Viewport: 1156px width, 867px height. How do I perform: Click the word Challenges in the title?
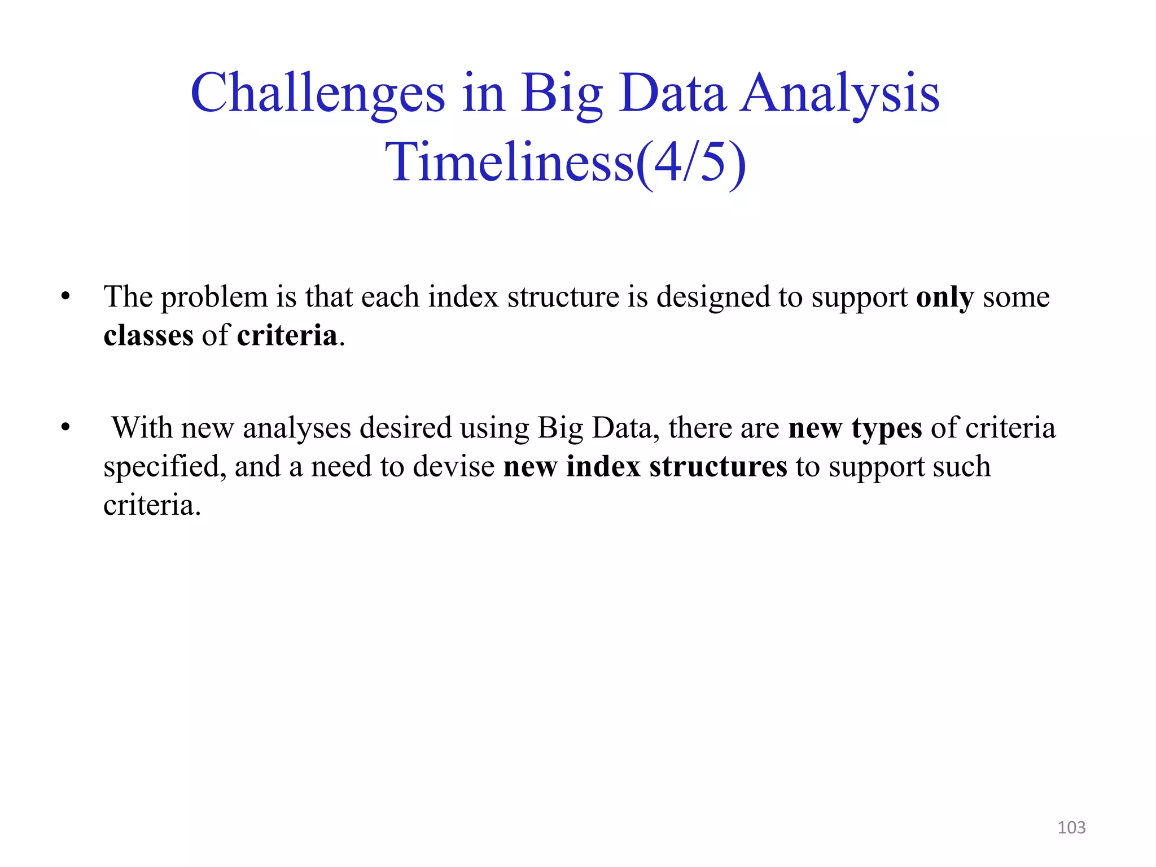tap(318, 94)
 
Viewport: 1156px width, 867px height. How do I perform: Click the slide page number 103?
tap(1071, 827)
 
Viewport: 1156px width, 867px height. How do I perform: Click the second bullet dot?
tap(65, 428)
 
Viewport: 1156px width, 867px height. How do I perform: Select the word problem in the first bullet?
tap(214, 297)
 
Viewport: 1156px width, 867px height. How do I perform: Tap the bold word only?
tap(945, 297)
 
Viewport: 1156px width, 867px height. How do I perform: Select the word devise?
tap(454, 467)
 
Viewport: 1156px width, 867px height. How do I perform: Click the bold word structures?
tap(718, 467)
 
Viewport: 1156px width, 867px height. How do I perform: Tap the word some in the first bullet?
tap(1016, 297)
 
